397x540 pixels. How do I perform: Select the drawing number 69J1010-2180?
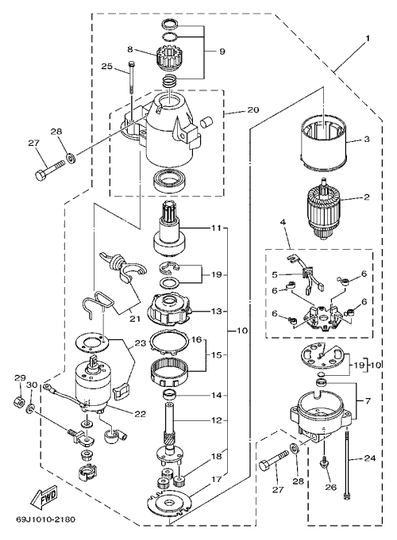tap(45, 519)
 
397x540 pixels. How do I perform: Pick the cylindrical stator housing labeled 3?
tap(323, 145)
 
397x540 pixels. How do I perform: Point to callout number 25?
tap(107, 66)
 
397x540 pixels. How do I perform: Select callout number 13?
tap(217, 311)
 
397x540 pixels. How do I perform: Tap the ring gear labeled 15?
tap(171, 373)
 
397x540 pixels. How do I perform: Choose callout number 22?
tap(140, 414)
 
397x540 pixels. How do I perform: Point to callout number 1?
tap(368, 38)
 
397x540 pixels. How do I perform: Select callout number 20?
tap(253, 110)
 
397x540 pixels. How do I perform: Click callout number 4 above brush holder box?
tap(283, 222)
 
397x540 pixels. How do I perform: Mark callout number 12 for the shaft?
tap(217, 420)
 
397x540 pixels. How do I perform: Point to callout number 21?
tap(135, 319)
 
